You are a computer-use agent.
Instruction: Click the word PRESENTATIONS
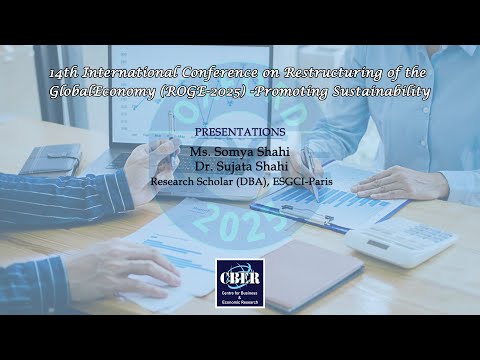click(x=239, y=131)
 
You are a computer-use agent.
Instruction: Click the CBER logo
click(x=240, y=282)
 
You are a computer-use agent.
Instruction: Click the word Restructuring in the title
click(x=322, y=72)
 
